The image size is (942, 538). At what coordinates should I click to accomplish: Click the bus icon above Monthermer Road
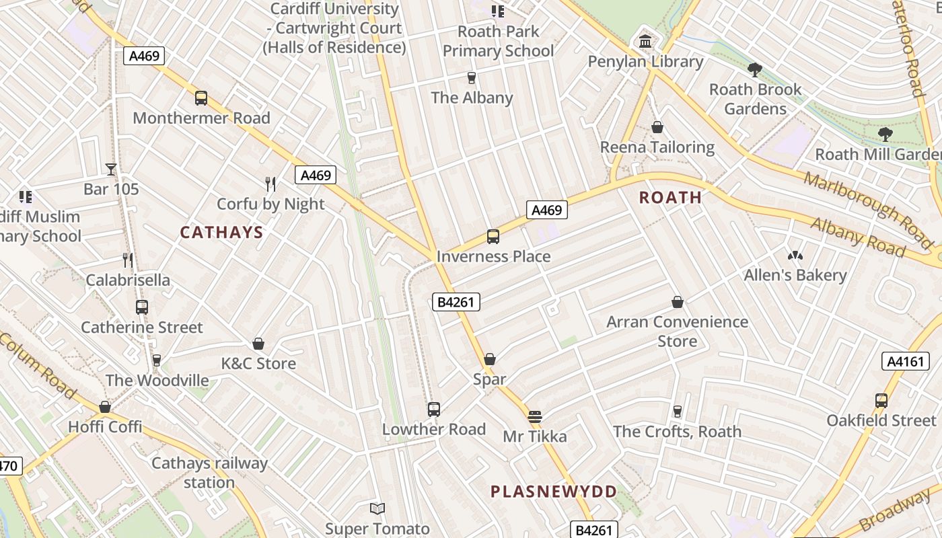click(x=201, y=98)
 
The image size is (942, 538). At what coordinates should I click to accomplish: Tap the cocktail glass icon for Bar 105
click(x=111, y=169)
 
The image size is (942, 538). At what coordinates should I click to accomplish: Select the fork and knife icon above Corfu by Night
click(x=270, y=184)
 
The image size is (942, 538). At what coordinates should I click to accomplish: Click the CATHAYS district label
click(x=221, y=233)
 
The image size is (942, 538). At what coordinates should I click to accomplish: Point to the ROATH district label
click(x=670, y=198)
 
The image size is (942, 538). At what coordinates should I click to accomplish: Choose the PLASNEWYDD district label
click(x=553, y=492)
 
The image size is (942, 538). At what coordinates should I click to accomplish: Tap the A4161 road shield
click(x=905, y=361)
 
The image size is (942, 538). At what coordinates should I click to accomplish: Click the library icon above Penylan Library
click(x=645, y=42)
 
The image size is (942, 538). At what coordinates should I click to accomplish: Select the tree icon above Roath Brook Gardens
click(x=755, y=69)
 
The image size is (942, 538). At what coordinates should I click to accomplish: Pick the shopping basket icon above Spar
click(x=490, y=359)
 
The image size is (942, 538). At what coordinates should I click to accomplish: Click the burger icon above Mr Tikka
click(x=535, y=417)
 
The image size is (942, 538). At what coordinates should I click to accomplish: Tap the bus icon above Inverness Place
click(x=493, y=237)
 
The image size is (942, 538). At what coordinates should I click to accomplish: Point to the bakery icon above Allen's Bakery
click(x=795, y=256)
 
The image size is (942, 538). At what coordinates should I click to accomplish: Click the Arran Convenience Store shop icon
click(x=678, y=303)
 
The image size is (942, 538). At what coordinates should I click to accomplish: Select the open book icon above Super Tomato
click(x=377, y=509)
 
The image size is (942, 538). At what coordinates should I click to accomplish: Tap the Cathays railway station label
click(x=209, y=473)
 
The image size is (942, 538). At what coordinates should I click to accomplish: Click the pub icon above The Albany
click(x=472, y=78)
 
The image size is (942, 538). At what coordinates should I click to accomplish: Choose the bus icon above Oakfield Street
click(x=881, y=401)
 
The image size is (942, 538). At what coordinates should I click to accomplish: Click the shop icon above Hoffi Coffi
click(x=105, y=407)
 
